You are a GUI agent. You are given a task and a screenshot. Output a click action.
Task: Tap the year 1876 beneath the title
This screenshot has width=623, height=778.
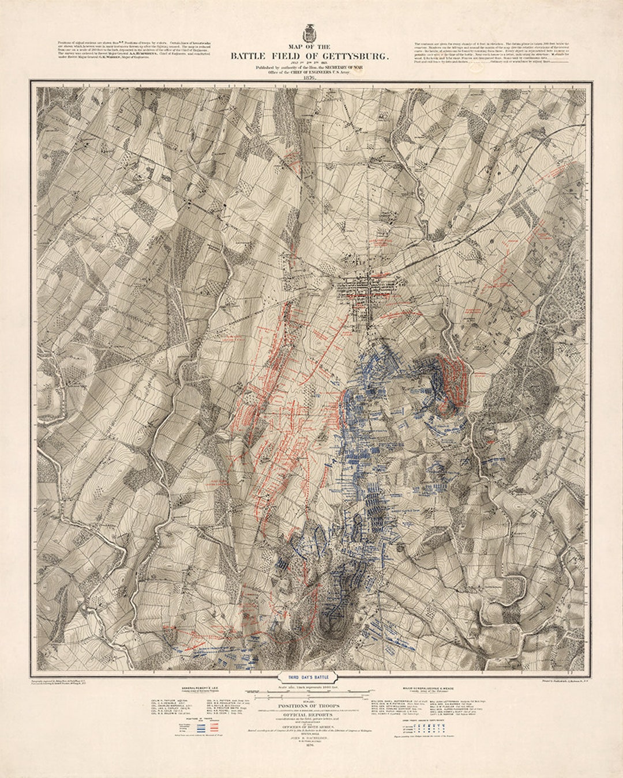tap(310, 78)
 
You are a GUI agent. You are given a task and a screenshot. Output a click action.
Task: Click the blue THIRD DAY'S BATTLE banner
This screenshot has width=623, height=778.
tap(311, 678)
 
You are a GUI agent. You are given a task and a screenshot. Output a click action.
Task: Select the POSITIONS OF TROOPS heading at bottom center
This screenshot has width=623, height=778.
tap(310, 705)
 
